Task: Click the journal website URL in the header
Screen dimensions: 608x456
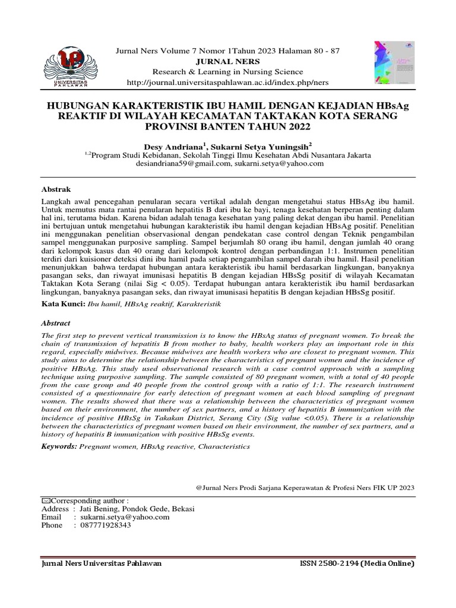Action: click(x=227, y=82)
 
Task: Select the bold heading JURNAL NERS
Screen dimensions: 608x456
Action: click(x=227, y=61)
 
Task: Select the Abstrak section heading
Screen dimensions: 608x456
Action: click(x=55, y=189)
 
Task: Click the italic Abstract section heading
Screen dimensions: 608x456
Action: click(x=56, y=323)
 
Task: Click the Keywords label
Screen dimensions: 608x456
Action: click(x=59, y=446)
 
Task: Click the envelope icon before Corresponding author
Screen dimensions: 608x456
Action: click(x=45, y=501)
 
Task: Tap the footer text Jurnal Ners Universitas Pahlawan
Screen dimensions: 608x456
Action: click(x=100, y=563)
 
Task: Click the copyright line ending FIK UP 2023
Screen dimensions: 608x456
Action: click(x=305, y=487)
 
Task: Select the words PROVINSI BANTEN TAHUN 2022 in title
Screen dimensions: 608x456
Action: click(x=227, y=127)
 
